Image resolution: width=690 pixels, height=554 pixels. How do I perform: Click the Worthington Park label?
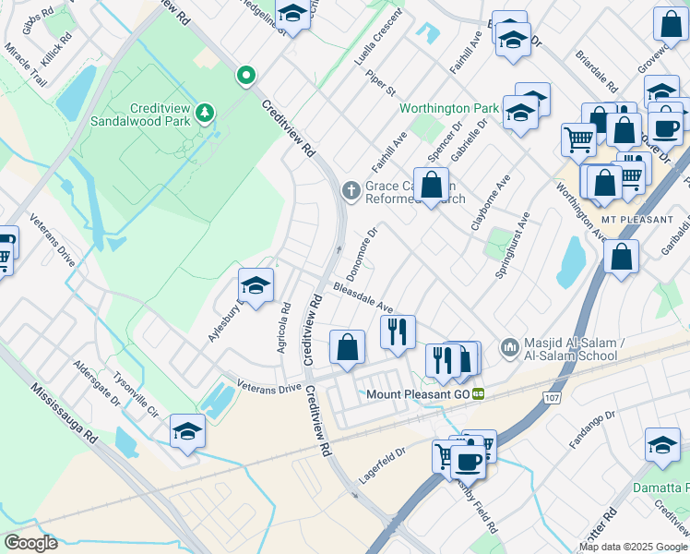(x=448, y=108)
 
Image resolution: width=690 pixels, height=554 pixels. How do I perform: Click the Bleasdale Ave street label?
(x=363, y=297)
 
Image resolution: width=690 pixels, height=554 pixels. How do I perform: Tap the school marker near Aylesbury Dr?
(x=256, y=285)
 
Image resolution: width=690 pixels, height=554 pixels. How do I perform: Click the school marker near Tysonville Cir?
(x=187, y=431)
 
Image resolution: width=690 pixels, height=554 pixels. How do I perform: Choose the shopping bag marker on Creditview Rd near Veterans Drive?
(x=347, y=348)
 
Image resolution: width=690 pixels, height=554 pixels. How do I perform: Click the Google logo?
(x=30, y=542)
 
